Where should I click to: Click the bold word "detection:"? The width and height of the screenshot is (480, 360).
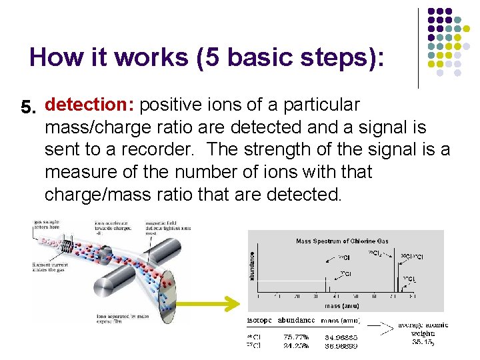pos(90,105)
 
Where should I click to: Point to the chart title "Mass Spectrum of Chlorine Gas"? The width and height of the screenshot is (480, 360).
pos(342,241)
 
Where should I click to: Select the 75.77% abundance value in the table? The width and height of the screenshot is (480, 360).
pos(296,337)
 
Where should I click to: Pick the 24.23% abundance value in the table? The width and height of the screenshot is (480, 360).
pos(296,346)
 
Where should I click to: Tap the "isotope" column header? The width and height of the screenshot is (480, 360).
pos(259,321)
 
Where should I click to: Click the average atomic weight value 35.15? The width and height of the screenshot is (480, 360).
pos(423,342)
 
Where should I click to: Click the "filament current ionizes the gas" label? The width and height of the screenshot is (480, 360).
pos(48,268)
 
